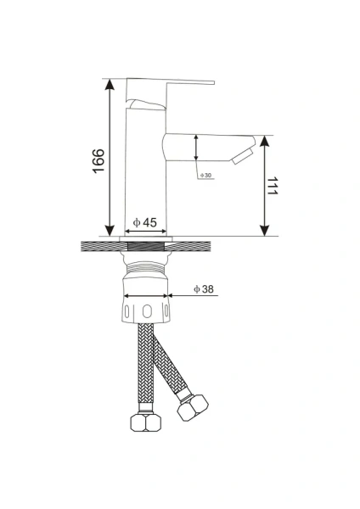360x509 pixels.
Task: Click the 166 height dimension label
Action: click(98, 160)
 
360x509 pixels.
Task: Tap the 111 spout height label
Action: click(273, 186)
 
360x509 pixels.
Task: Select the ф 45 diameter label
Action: click(145, 222)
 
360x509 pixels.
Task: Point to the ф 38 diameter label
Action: click(204, 288)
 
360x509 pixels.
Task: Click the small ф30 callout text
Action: click(206, 176)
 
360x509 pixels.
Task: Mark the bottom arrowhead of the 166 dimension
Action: click(110, 231)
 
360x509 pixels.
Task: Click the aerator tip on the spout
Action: click(243, 156)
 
